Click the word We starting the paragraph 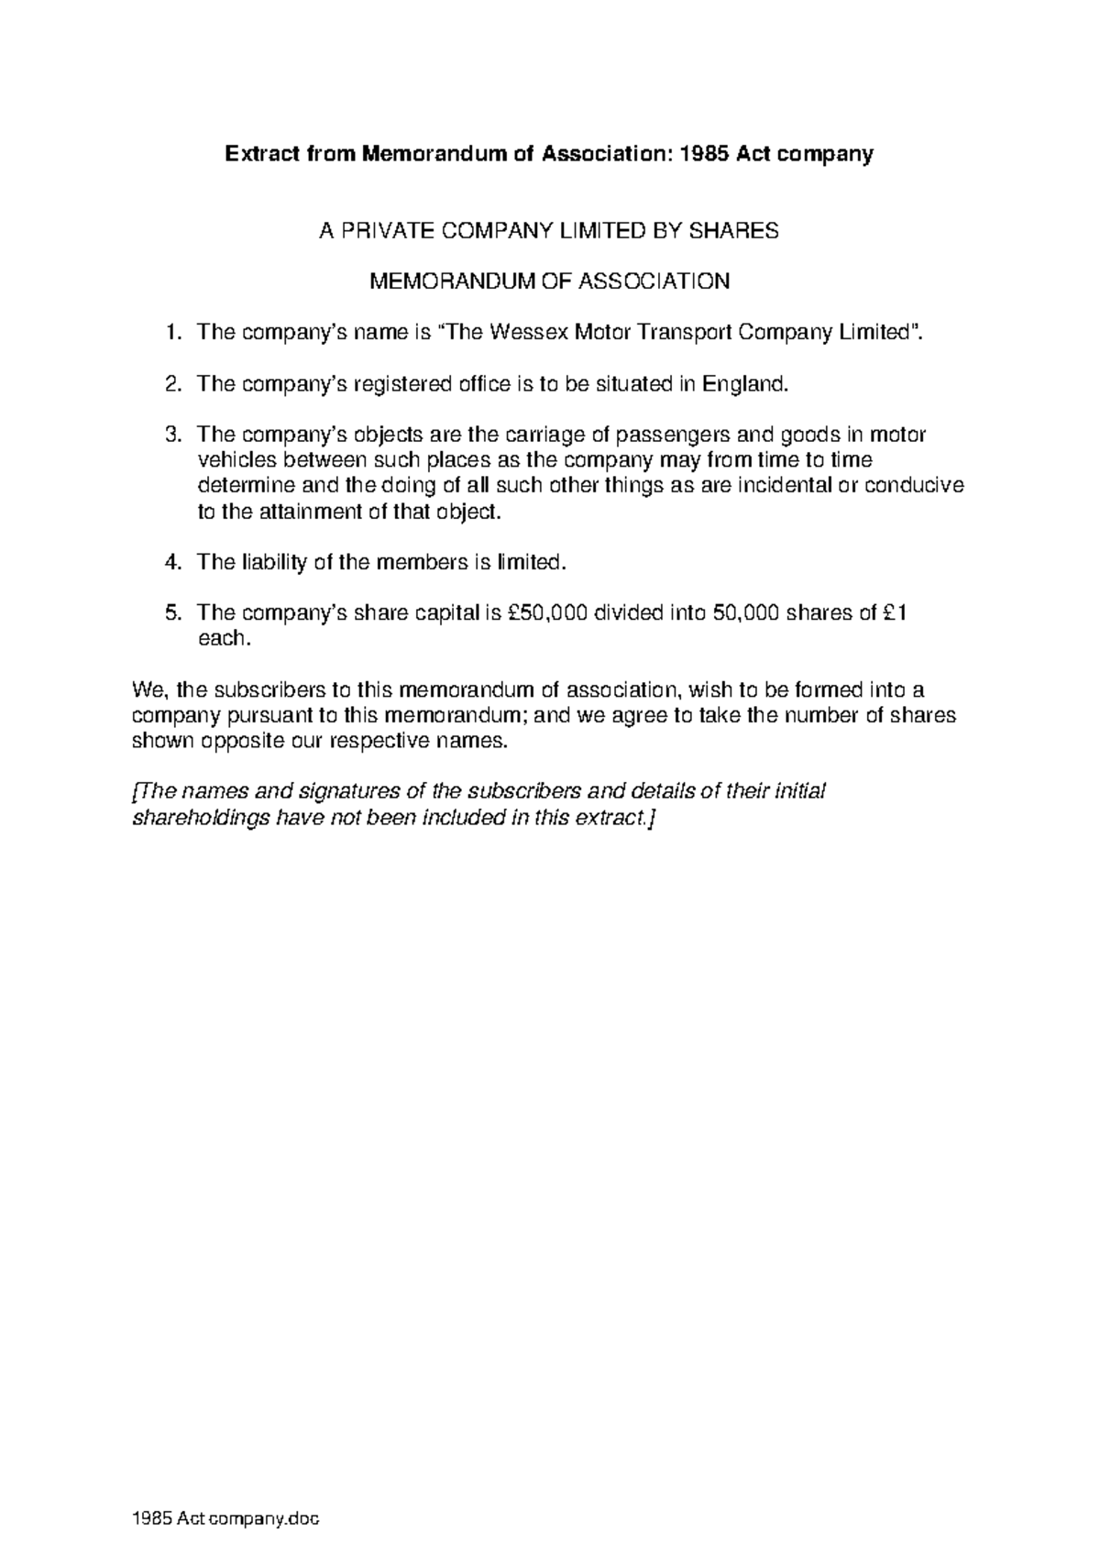point(148,689)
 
